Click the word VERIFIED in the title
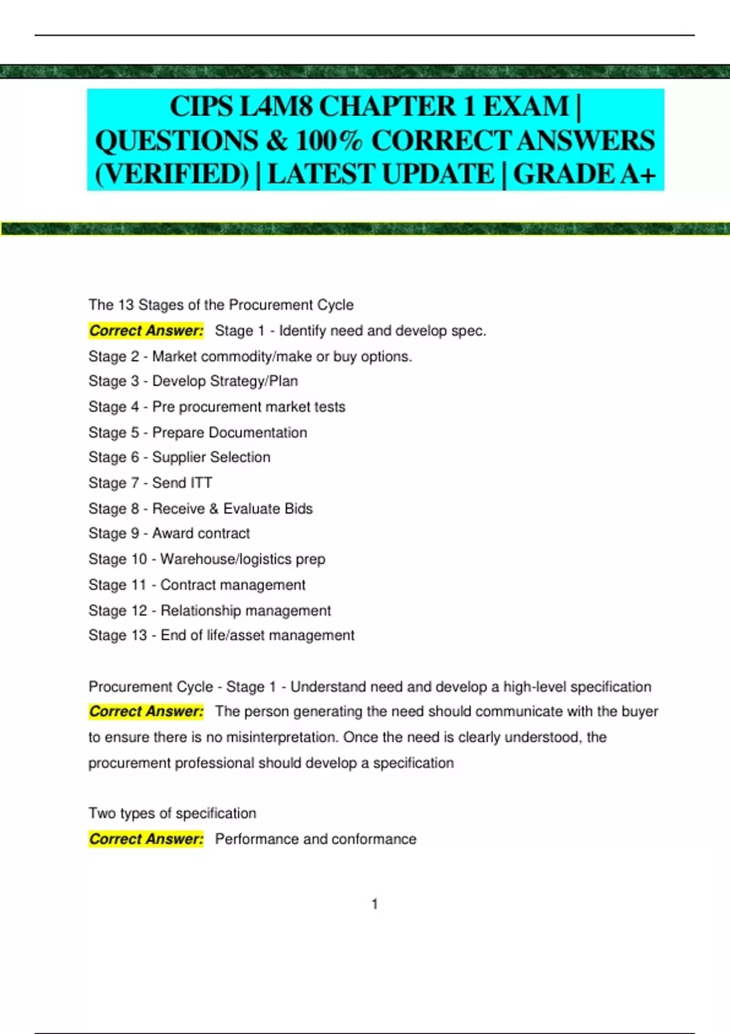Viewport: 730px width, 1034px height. click(x=172, y=174)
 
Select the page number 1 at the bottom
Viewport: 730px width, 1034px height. click(x=375, y=904)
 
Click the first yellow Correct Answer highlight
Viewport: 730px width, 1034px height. click(x=146, y=331)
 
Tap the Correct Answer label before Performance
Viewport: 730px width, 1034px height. click(x=146, y=839)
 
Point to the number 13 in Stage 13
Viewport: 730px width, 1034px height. click(x=139, y=636)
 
